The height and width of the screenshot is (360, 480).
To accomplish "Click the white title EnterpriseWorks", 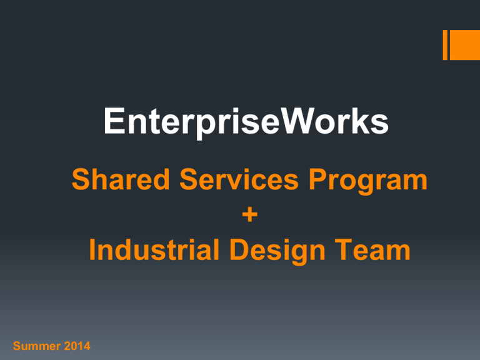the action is coord(246,122).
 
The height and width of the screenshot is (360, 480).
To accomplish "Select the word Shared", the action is coord(121,179).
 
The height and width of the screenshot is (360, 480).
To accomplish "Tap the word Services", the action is coord(239,179).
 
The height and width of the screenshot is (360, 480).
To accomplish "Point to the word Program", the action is coord(368,181).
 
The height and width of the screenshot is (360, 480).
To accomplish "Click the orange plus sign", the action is coord(250,214).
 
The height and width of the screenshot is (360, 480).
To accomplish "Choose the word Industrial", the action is coord(154,249).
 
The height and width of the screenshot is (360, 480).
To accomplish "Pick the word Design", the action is coord(277,251).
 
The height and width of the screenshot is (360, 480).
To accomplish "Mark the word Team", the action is coord(372,249).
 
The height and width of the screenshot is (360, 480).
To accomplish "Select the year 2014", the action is coord(77,346).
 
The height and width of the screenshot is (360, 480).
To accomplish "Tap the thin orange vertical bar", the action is coord(445,45).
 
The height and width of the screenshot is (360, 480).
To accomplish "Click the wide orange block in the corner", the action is coord(465,45).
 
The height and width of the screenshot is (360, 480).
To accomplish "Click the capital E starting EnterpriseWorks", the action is coord(114,121).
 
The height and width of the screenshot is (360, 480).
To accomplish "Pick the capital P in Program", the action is coord(318,179).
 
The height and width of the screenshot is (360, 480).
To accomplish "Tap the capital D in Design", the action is coord(240,249).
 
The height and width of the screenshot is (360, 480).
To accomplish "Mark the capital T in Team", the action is coord(344,249).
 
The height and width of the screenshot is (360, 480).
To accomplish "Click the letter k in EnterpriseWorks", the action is coord(361,121).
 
